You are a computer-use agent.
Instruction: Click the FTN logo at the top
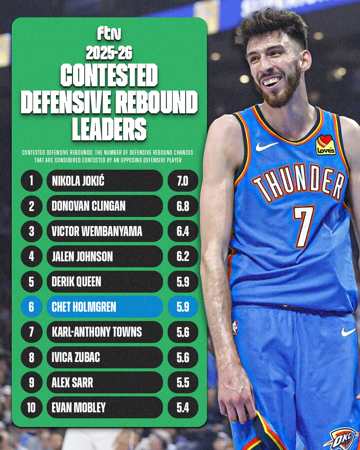tap(109, 33)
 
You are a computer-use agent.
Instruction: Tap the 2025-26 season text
tap(109, 53)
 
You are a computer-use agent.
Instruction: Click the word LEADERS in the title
tap(109, 129)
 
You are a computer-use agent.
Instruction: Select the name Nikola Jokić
tap(78, 181)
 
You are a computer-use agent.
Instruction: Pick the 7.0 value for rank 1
tap(183, 181)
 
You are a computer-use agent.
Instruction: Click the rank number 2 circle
tap(31, 206)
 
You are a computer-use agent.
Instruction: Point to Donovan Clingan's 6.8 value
tap(183, 206)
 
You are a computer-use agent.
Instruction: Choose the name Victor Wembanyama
tap(97, 231)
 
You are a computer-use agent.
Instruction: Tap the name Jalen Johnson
tap(82, 257)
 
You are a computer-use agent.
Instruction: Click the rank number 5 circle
tap(31, 282)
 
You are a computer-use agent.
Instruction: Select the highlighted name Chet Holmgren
tap(84, 307)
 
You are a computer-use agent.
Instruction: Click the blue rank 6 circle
tap(31, 307)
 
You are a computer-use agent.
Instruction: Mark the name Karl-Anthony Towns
tap(97, 332)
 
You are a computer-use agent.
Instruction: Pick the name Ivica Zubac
tap(76, 357)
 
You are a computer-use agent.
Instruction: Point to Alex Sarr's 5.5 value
tap(183, 383)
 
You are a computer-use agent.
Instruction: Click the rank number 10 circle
tap(31, 408)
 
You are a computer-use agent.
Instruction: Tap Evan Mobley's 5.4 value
tap(183, 408)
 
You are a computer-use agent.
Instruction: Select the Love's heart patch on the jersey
tap(325, 145)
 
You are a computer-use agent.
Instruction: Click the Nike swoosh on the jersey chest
tap(267, 146)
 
